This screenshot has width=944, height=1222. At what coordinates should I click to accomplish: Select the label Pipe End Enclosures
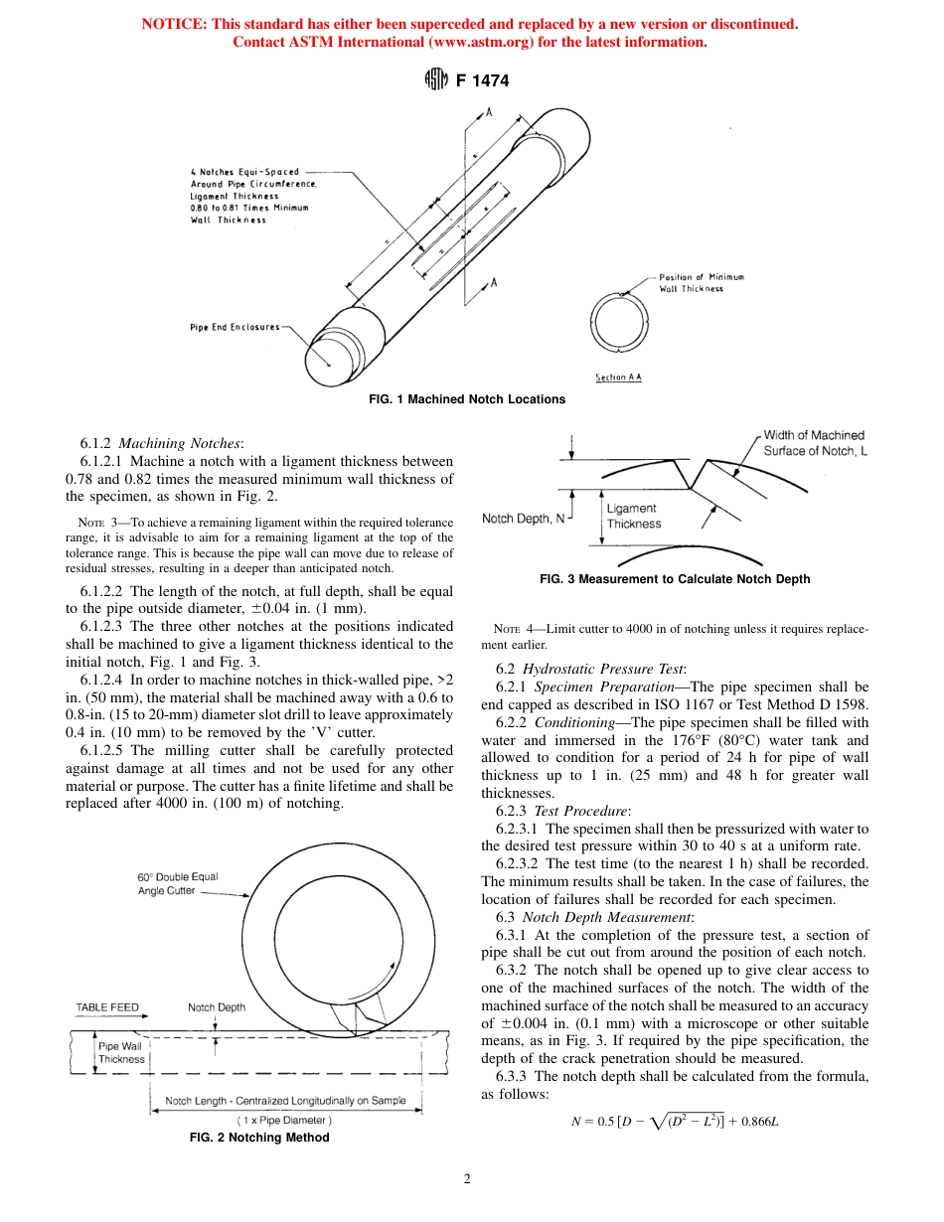(x=236, y=326)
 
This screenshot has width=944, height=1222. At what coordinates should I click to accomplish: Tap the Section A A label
(x=618, y=378)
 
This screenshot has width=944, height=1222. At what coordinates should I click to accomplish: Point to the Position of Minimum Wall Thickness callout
(x=702, y=282)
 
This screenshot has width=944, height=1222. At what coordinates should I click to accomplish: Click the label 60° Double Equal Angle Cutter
(x=178, y=884)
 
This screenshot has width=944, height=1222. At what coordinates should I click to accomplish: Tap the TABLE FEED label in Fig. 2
(x=107, y=1007)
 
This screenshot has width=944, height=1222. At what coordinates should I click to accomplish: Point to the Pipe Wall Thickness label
(x=121, y=1052)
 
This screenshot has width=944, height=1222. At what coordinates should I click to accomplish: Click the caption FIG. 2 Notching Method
(x=259, y=1138)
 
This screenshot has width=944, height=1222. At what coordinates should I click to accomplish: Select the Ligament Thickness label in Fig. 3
(x=633, y=517)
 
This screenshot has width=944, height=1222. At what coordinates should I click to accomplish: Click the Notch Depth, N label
(x=522, y=519)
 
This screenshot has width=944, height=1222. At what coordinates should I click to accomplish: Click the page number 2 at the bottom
(x=466, y=1180)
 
